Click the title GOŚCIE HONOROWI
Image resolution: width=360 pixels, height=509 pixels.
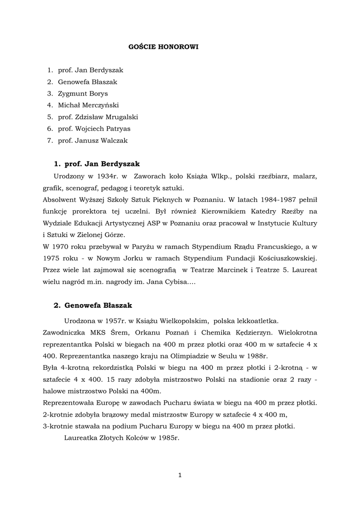click(160, 47)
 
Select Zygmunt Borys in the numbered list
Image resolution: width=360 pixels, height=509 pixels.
click(83, 93)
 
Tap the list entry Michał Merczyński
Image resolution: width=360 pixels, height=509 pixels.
click(88, 105)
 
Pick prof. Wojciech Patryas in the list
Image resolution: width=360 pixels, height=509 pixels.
click(94, 129)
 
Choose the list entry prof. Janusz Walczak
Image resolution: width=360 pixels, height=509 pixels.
click(92, 141)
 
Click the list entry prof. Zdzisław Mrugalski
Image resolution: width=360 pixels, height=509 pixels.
click(97, 117)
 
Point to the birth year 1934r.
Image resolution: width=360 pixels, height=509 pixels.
click(108, 176)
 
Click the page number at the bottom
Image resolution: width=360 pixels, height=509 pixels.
click(180, 476)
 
